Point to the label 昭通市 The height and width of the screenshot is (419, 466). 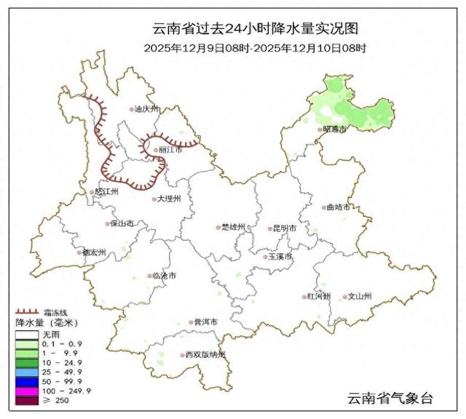tap(335, 129)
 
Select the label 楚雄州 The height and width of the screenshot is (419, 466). tap(234, 228)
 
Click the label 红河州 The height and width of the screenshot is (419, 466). tap(319, 297)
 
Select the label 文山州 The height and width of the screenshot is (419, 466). tap(359, 297)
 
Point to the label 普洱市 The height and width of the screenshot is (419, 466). tap(205, 322)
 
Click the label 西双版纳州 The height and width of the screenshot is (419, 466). tap(205, 355)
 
